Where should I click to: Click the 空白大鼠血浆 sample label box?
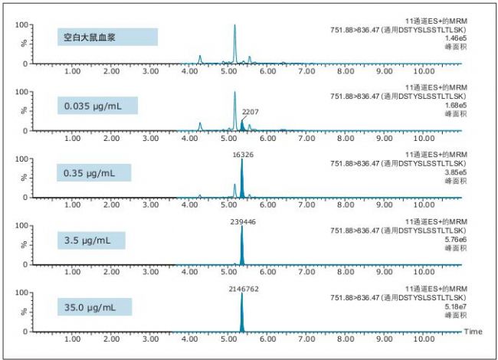(x=106, y=38)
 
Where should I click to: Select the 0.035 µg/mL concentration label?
(x=97, y=105)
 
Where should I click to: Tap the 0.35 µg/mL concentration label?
(x=94, y=172)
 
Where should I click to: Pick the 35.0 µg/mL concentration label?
(x=94, y=307)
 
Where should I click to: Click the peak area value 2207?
(x=250, y=112)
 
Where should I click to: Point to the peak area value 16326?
(x=242, y=154)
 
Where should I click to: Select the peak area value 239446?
(x=242, y=221)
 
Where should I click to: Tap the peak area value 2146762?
(x=242, y=289)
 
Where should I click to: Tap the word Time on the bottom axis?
(x=473, y=331)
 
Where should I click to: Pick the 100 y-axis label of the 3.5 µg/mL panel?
(x=22, y=227)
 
